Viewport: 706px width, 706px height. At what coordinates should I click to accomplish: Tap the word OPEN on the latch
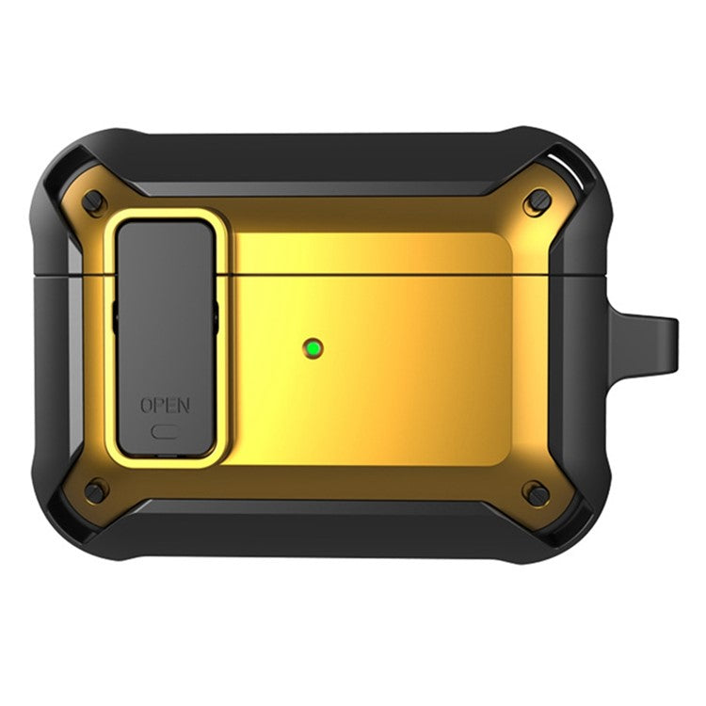tap(165, 407)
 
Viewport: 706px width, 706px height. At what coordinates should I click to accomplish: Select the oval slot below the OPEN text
tap(166, 434)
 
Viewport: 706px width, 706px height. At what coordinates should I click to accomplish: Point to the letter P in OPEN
tap(159, 407)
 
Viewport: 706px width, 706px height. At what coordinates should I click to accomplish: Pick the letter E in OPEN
tap(170, 407)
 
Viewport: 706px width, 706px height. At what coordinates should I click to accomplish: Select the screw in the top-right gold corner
tap(538, 200)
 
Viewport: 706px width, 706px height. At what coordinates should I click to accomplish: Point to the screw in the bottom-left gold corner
tap(95, 490)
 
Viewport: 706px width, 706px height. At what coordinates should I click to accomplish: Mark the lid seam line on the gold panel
tap(377, 275)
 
